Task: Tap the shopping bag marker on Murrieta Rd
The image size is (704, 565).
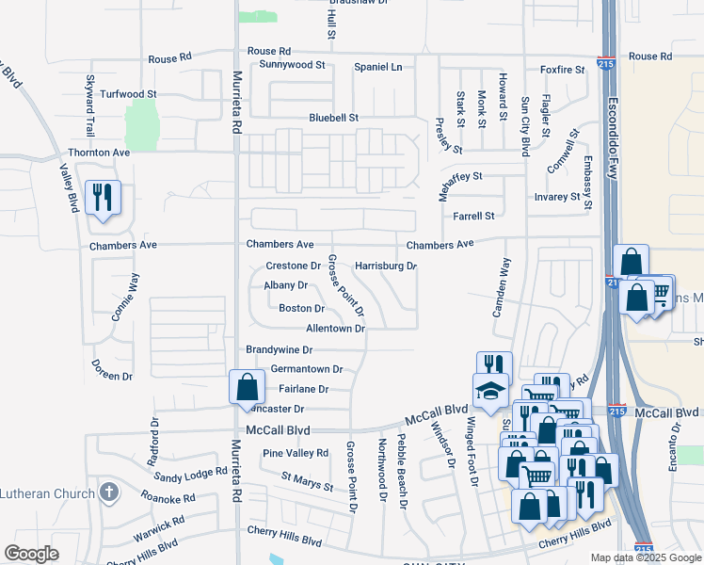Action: pos(246,387)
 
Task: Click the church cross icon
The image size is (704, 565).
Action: pos(109,492)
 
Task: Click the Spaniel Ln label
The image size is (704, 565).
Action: pos(377,67)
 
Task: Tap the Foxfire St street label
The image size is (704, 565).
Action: pos(563,69)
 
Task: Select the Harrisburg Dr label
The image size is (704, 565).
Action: pos(386,266)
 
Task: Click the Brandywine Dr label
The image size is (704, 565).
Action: pos(279,349)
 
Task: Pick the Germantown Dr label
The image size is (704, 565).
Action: pos(306,369)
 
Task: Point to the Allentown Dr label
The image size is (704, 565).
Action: pos(335,329)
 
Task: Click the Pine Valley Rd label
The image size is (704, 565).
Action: pos(296,453)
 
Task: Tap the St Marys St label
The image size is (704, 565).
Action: pos(307,482)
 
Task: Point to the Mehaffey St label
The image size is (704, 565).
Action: pos(460,176)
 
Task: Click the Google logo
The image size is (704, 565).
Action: pos(32,553)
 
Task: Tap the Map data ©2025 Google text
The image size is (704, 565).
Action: pos(645,557)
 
